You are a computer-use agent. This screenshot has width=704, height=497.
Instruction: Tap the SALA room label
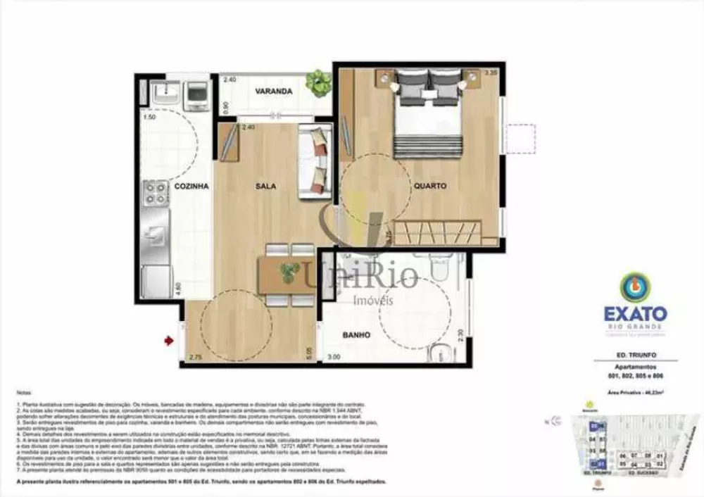(265, 187)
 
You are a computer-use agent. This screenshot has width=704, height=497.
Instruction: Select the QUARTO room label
(430, 187)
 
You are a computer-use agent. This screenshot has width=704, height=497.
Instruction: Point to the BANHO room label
(356, 336)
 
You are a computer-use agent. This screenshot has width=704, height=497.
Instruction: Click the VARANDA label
(274, 92)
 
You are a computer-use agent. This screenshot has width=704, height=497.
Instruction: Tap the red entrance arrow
(169, 341)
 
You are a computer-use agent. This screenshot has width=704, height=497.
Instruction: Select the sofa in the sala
(315, 161)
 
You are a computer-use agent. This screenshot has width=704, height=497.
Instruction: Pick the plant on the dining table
(289, 271)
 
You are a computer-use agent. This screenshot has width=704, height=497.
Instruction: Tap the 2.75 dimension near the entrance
(195, 357)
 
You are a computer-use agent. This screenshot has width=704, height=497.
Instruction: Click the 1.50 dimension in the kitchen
(149, 117)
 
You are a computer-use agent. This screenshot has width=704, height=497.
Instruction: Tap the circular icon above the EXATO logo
(635, 287)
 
